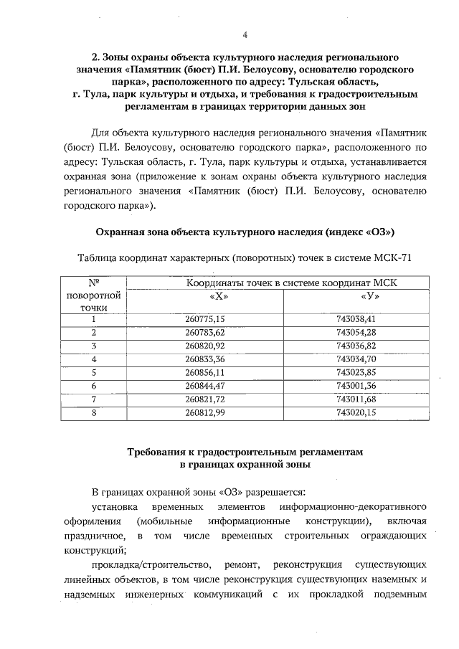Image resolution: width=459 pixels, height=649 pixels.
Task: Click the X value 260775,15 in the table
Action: click(x=205, y=319)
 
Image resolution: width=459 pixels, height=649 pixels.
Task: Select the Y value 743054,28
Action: click(x=356, y=332)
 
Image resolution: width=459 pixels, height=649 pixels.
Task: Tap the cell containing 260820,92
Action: click(x=205, y=346)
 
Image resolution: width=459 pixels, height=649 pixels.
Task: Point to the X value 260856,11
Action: click(x=205, y=372)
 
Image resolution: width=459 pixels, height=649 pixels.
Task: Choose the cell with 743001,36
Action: click(x=356, y=386)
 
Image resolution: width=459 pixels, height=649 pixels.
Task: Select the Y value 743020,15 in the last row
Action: click(x=356, y=412)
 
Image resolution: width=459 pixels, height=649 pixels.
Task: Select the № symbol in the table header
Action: click(x=93, y=283)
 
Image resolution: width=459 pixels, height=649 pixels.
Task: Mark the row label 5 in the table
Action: click(x=93, y=372)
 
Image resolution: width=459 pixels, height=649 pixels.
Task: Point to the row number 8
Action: click(x=93, y=412)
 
